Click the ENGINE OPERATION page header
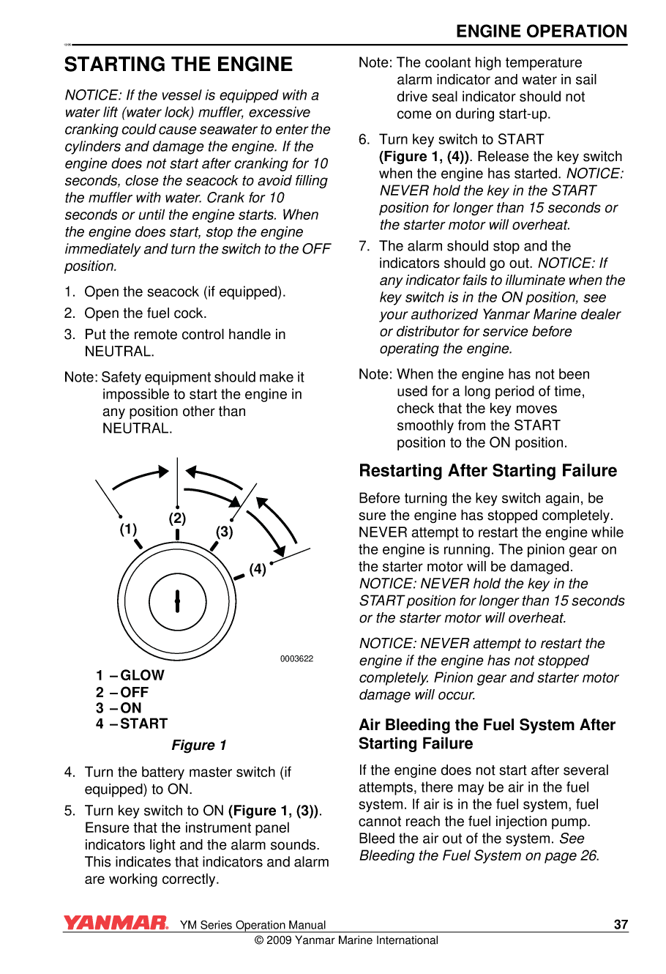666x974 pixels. point(541,31)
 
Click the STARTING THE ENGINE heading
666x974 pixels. point(179,64)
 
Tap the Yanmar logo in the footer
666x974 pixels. point(116,923)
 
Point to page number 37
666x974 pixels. point(621,924)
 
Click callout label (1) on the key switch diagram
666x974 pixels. point(128,529)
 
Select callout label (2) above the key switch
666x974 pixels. point(177,518)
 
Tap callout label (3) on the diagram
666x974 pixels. point(224,532)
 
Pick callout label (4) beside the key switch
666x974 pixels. point(258,569)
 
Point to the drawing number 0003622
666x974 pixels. point(296,658)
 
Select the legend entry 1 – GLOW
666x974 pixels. point(130,675)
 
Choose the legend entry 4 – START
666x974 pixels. point(131,724)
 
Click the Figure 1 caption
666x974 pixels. point(199,745)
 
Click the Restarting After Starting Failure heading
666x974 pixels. point(487,471)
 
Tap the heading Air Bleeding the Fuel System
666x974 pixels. point(487,734)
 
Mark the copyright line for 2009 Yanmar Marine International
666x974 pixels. point(346,940)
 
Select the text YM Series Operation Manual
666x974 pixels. point(252,925)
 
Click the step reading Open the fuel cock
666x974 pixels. point(145,313)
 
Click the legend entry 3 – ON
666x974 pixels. point(119,708)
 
